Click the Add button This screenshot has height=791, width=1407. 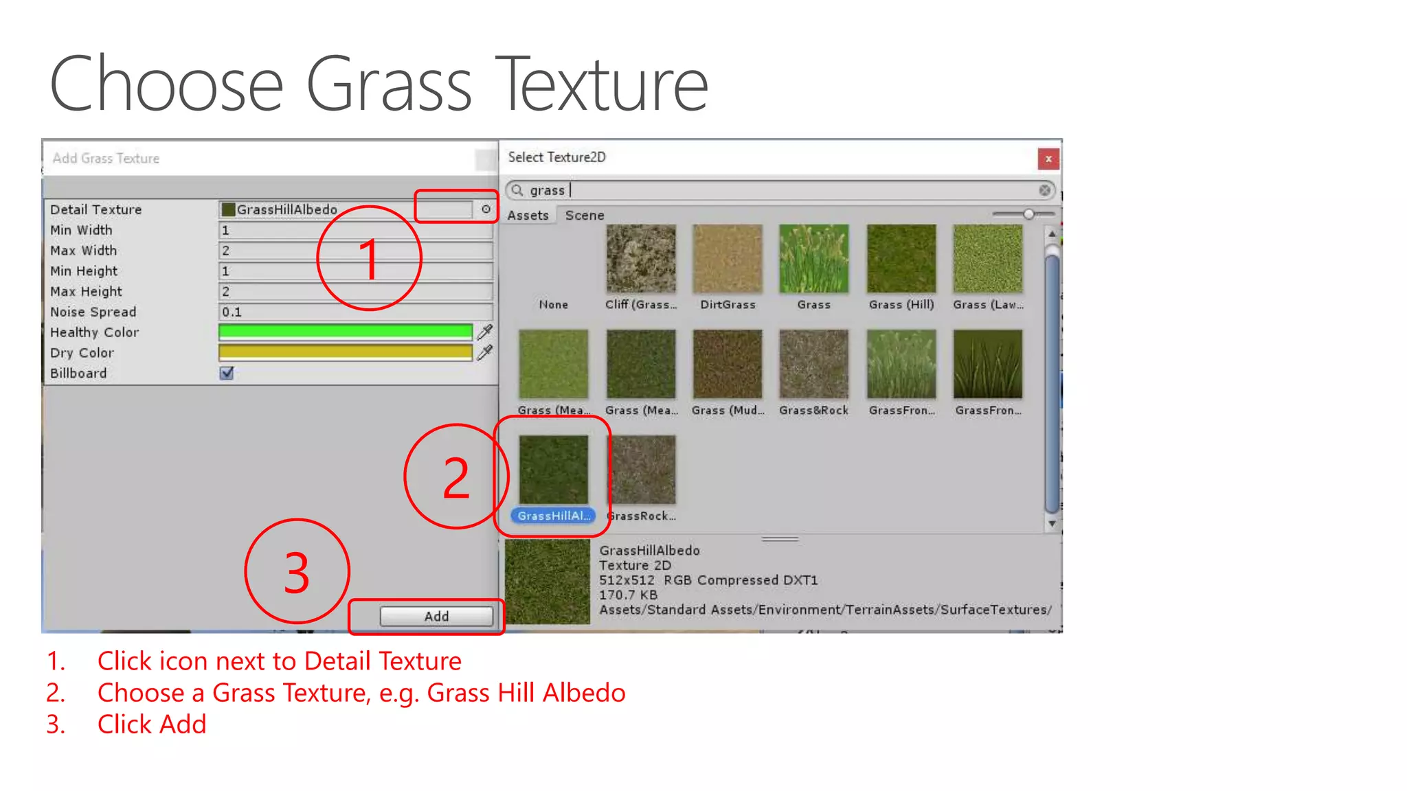click(436, 616)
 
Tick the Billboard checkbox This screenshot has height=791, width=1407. click(227, 373)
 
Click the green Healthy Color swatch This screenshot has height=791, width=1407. click(345, 332)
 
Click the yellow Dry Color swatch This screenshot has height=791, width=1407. click(345, 353)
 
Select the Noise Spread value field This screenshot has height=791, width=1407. click(354, 312)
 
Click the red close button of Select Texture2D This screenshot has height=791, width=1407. click(1048, 159)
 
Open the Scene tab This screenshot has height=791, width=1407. click(585, 216)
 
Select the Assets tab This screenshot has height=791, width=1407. click(528, 216)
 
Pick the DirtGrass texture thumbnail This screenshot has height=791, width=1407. click(728, 260)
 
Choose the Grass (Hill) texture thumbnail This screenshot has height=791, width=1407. click(901, 260)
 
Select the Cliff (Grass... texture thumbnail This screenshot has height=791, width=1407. click(641, 260)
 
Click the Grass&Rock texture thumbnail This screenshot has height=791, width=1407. click(814, 365)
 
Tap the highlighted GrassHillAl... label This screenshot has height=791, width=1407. click(553, 516)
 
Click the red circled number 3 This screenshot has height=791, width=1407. click(297, 571)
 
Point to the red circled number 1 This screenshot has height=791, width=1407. click(369, 258)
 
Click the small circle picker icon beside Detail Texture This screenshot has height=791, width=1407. click(486, 209)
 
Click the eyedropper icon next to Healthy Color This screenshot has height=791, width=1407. click(485, 332)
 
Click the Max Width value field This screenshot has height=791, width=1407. click(354, 251)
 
